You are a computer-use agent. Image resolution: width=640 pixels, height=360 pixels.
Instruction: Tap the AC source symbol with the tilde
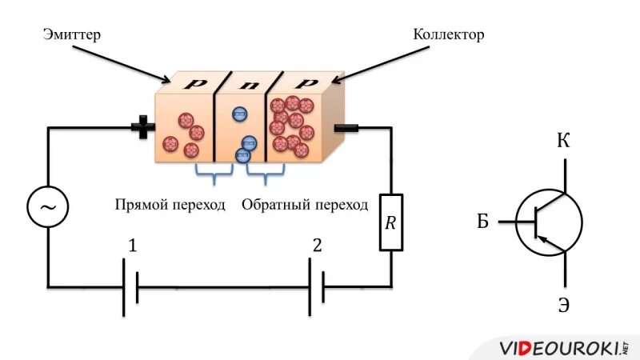pyautogui.click(x=48, y=208)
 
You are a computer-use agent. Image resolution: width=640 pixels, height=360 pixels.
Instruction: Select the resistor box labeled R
pyautogui.click(x=391, y=222)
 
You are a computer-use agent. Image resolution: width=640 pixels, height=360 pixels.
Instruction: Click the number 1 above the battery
pyautogui.click(x=132, y=246)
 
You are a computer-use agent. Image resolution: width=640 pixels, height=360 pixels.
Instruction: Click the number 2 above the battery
pyautogui.click(x=318, y=246)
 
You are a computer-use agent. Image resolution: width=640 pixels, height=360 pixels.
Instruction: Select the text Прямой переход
pyautogui.click(x=169, y=205)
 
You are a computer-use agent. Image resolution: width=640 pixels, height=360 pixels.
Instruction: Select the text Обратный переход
pyautogui.click(x=305, y=205)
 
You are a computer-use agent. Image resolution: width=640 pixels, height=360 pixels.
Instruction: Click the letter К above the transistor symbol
pyautogui.click(x=564, y=142)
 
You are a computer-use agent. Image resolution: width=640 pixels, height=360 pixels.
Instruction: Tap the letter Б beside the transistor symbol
pyautogui.click(x=482, y=222)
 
